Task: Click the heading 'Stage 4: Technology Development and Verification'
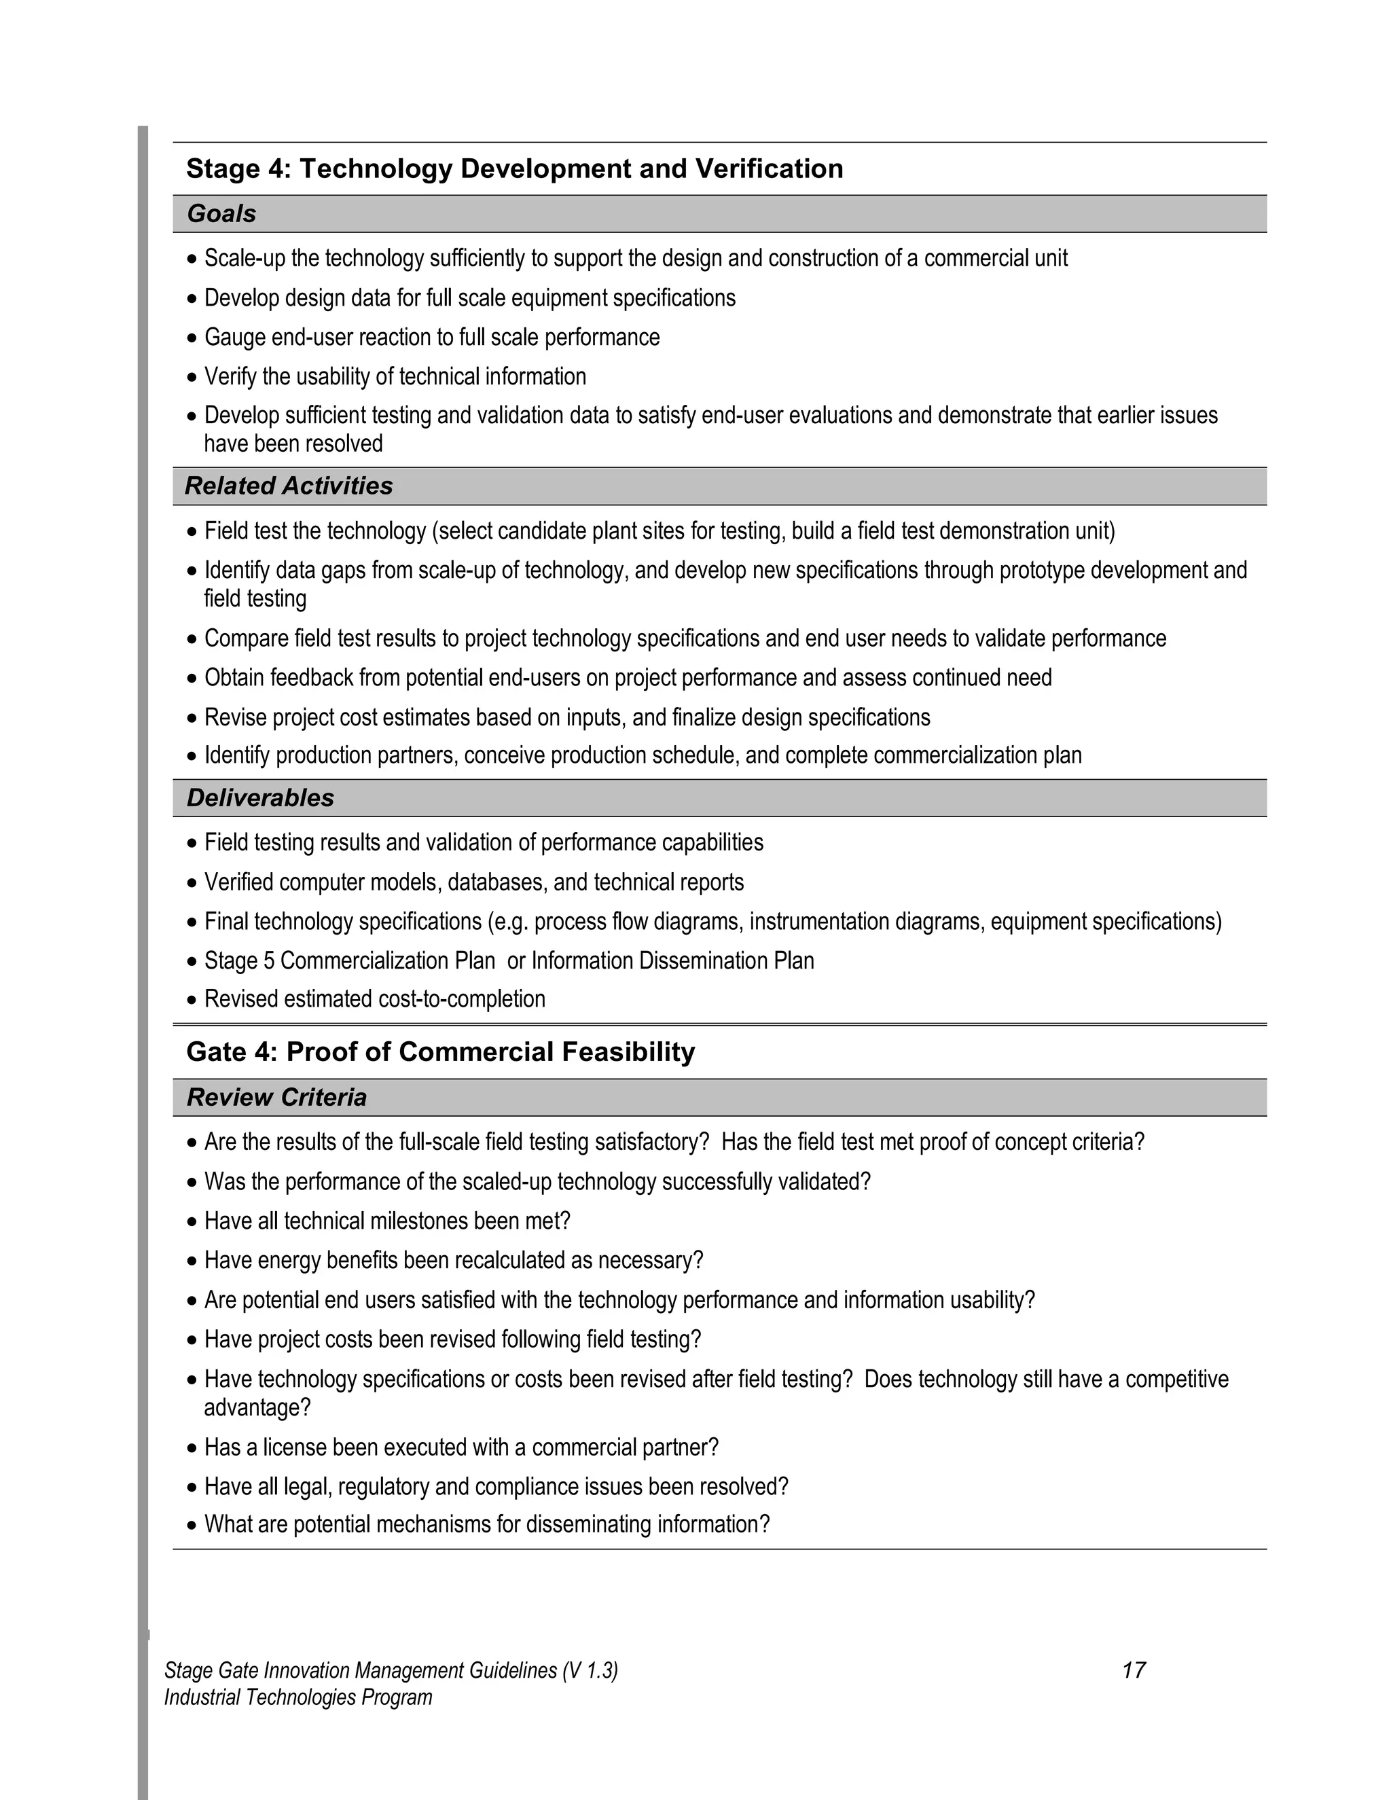514,169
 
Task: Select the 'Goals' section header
221,214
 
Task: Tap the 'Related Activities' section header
289,486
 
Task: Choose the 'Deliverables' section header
260,798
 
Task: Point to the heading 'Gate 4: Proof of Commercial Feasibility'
440,1052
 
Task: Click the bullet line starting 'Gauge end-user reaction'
432,338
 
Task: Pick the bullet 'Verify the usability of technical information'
395,377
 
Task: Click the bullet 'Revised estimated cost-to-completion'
374,1000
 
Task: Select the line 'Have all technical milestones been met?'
387,1221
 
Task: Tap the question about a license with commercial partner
461,1448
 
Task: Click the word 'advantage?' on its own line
257,1407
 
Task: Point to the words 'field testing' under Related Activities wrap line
255,599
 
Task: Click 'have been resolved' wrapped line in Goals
293,444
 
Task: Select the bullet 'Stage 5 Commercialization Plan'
509,961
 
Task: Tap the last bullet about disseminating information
486,1525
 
